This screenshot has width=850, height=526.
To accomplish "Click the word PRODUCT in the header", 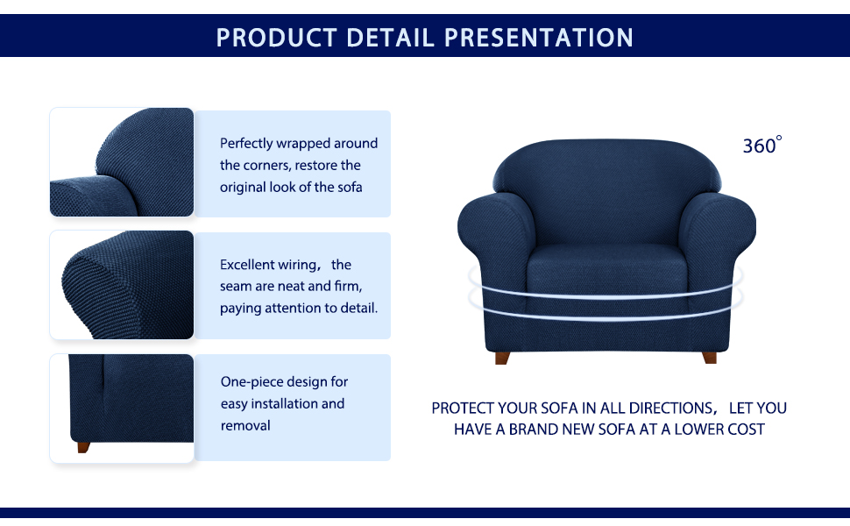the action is (276, 38).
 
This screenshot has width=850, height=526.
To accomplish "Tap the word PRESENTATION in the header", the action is (539, 38).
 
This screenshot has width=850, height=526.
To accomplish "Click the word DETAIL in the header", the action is (390, 38).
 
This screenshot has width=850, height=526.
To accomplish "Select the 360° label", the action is (762, 145).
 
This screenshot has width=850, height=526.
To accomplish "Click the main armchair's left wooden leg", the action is (502, 358).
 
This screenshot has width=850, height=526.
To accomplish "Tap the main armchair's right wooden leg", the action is (710, 358).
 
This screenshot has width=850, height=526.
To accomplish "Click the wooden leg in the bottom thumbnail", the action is (83, 447).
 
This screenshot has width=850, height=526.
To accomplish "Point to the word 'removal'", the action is (245, 426).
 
